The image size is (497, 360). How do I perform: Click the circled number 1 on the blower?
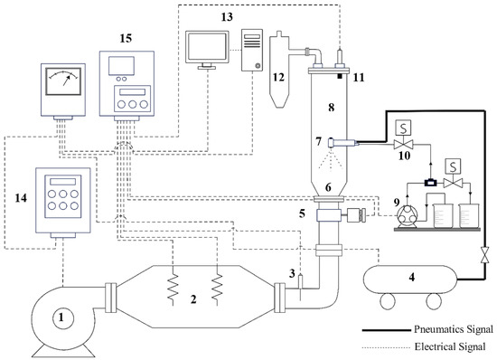point(61,317)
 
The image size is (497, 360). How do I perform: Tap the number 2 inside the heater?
point(193,299)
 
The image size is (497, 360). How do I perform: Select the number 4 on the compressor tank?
point(411,277)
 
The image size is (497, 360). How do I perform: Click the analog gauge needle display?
point(63,81)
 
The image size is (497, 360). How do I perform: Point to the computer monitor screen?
point(207,47)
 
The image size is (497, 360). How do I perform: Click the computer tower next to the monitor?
point(252,50)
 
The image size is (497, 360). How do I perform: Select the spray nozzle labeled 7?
point(341,142)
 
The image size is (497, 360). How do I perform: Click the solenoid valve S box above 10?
point(403,128)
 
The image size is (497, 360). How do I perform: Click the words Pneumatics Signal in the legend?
point(454,329)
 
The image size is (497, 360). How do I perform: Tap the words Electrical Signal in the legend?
point(450,346)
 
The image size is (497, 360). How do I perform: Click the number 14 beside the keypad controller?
point(21,198)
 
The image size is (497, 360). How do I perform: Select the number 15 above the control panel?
point(126,38)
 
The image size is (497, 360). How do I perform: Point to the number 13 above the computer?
point(227,17)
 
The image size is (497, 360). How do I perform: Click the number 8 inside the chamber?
point(332,108)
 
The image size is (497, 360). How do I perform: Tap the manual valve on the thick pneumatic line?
point(484,254)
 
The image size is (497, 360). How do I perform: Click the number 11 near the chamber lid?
point(359,78)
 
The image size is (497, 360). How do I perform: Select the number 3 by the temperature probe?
point(292,273)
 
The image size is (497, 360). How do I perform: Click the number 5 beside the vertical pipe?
point(302,213)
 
